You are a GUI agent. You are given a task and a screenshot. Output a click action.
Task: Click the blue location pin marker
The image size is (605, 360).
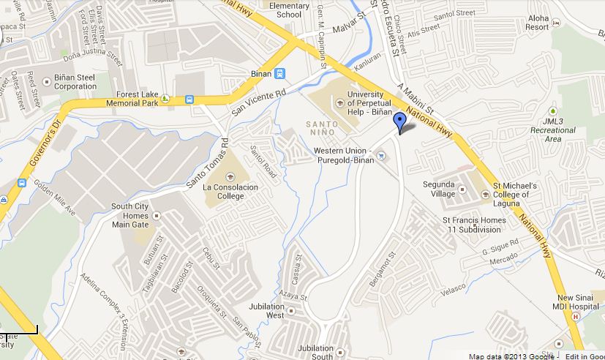pos(399,122)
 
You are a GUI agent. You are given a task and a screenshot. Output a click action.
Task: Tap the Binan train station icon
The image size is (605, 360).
pos(279,73)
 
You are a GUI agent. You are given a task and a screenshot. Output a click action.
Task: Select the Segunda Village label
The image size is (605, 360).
pos(439,189)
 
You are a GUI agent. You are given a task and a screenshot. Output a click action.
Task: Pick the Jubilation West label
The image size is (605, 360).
pos(266,310)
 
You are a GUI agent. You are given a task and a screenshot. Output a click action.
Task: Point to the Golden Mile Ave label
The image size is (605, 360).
pos(54,199)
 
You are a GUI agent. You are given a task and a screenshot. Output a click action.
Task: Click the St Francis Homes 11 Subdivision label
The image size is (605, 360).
pos(473,225)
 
